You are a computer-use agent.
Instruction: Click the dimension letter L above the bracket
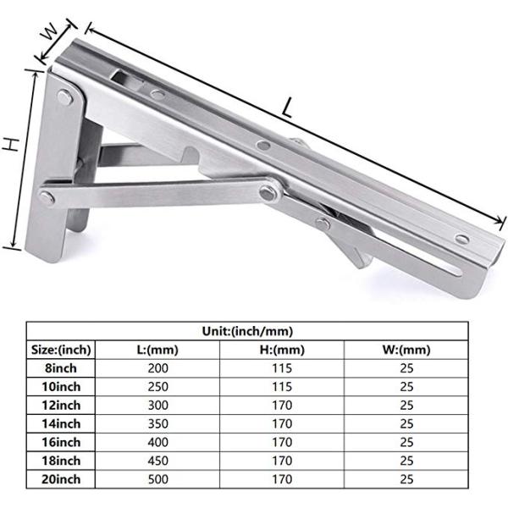tap(289, 108)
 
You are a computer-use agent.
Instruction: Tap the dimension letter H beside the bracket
tap(11, 145)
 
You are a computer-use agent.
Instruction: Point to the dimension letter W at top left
tap(52, 33)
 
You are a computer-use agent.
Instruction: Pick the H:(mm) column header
tap(283, 350)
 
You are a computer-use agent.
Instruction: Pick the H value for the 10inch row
tap(283, 387)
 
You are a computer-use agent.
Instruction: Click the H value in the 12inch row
tap(283, 406)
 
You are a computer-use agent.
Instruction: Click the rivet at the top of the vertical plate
tap(64, 99)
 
